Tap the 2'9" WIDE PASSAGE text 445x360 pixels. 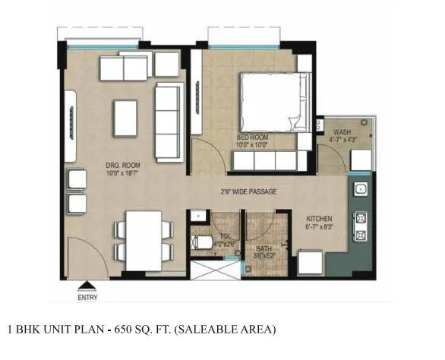(x=245, y=192)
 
